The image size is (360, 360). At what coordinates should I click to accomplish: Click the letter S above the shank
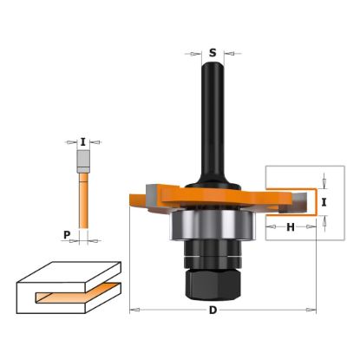click(x=213, y=52)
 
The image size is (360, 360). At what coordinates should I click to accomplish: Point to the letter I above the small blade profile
click(x=82, y=141)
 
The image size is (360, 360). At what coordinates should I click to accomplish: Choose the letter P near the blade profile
click(x=67, y=234)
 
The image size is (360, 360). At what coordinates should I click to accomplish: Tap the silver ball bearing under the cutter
click(x=213, y=227)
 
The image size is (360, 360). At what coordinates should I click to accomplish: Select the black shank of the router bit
click(x=213, y=113)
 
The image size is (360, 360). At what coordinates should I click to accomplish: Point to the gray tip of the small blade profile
click(x=83, y=161)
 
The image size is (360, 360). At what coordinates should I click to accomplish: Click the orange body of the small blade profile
click(x=83, y=200)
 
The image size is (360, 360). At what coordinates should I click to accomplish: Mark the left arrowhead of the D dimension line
click(x=134, y=310)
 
